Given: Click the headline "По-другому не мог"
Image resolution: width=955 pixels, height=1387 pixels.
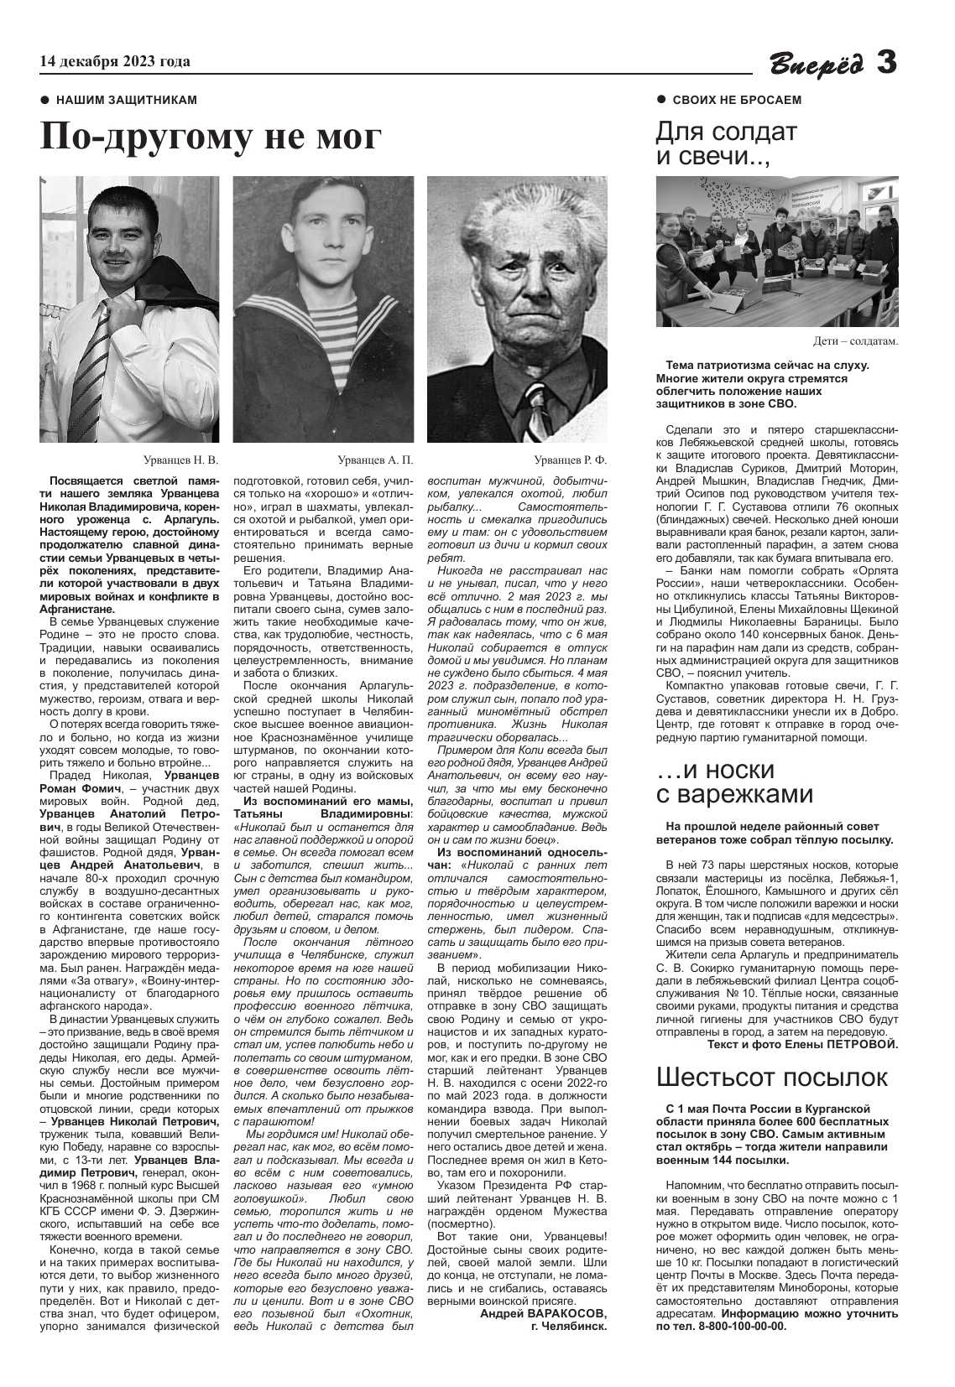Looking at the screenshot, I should (x=211, y=138).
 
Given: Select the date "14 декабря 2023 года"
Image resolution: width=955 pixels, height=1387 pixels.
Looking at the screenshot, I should (x=115, y=61).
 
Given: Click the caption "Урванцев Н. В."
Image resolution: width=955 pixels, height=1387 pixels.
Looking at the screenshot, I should (x=180, y=460).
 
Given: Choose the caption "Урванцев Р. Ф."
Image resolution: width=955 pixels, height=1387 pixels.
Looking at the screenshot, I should (x=570, y=460).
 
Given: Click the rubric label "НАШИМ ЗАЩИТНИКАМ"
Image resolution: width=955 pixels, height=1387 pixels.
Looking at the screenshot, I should (x=127, y=101).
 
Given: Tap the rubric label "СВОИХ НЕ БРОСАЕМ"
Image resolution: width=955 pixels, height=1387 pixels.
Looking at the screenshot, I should (x=737, y=101).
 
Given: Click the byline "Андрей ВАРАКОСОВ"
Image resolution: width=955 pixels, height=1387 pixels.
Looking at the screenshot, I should (x=543, y=1313).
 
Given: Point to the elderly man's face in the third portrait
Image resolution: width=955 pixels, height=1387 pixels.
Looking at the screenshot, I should (x=516, y=285).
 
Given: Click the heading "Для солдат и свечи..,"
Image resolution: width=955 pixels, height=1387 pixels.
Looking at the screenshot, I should (x=726, y=144).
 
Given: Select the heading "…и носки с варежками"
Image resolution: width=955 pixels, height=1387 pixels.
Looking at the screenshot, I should (x=734, y=782).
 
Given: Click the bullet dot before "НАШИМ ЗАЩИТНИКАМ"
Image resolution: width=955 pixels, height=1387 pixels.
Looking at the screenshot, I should (x=45, y=101).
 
